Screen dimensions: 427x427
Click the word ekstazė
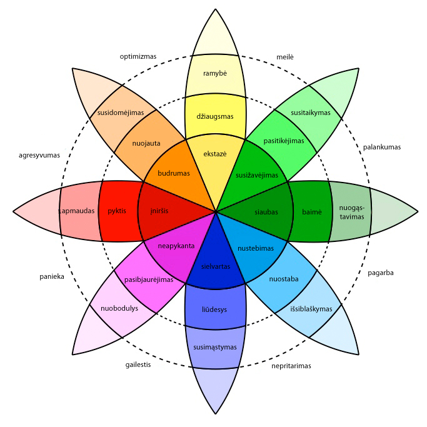[x=214, y=154]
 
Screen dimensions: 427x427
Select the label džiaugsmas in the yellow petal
[x=214, y=117]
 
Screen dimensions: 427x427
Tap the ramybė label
[x=214, y=74]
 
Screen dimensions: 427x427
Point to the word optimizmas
[x=138, y=56]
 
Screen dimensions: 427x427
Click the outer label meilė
[x=285, y=57]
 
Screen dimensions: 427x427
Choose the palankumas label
[x=381, y=148]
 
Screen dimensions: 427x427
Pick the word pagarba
[x=381, y=273]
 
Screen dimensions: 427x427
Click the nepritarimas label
[x=291, y=366]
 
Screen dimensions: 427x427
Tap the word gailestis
[x=138, y=365]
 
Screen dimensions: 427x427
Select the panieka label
[x=52, y=276]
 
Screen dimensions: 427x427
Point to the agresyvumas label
[x=39, y=154]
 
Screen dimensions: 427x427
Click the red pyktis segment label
[x=117, y=211]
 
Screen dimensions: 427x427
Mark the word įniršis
[x=159, y=211]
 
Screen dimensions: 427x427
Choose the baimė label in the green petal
[x=312, y=212]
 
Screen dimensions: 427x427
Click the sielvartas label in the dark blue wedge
[x=216, y=266]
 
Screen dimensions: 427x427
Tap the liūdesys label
[x=214, y=309]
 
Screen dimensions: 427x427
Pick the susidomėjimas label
[x=121, y=113]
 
